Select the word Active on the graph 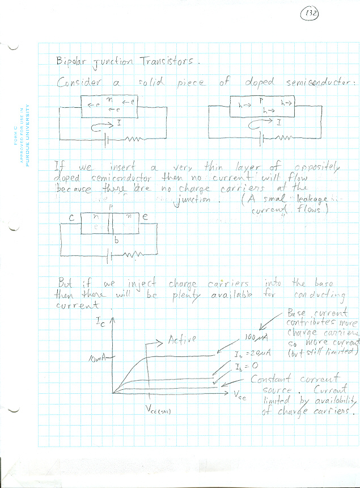pos(182,340)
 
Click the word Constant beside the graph pos(270,378)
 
